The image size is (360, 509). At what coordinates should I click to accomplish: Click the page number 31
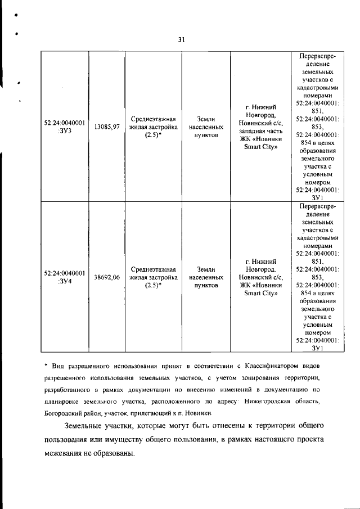[x=181, y=39]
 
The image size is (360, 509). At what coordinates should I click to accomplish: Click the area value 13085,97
[x=106, y=127]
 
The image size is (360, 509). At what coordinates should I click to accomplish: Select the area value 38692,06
[x=106, y=277]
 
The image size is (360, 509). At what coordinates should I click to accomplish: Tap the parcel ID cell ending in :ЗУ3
[x=65, y=127]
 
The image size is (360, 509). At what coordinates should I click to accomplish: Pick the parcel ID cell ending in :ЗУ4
[x=65, y=277]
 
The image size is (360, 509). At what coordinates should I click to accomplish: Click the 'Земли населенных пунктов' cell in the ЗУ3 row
[x=206, y=127]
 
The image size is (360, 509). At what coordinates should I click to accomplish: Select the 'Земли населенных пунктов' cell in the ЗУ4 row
[x=206, y=277]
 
